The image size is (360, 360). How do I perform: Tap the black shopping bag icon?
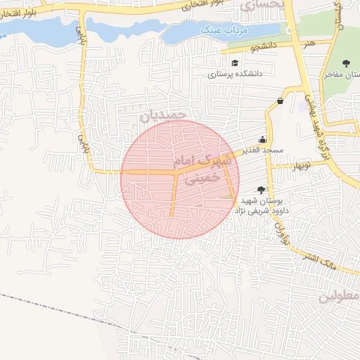[x=281, y=101]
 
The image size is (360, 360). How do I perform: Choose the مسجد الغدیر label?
[x=263, y=150]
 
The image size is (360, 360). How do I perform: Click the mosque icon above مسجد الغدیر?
[x=263, y=139]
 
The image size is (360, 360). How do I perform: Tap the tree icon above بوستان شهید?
[x=262, y=189]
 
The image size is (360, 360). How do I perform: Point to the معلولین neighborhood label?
[x=339, y=296]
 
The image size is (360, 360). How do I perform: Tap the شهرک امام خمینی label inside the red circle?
[x=205, y=169]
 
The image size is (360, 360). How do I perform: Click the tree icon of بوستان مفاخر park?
[x=345, y=64]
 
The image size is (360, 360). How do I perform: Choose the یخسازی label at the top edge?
[x=262, y=6]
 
